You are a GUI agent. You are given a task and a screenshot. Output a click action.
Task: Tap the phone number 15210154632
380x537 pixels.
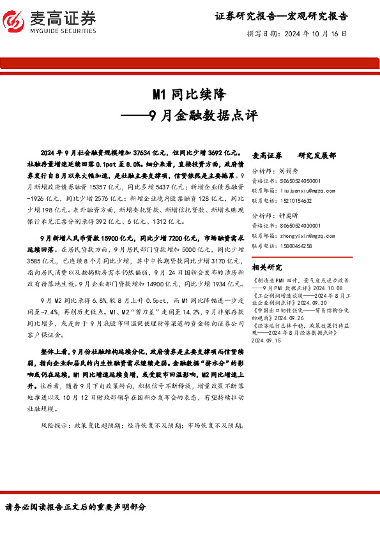(x=296, y=200)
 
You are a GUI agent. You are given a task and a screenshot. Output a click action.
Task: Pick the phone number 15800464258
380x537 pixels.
(x=296, y=244)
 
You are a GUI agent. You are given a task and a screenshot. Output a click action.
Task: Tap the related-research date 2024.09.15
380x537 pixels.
(x=270, y=341)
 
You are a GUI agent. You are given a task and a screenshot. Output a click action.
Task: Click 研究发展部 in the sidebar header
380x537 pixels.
(x=317, y=155)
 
